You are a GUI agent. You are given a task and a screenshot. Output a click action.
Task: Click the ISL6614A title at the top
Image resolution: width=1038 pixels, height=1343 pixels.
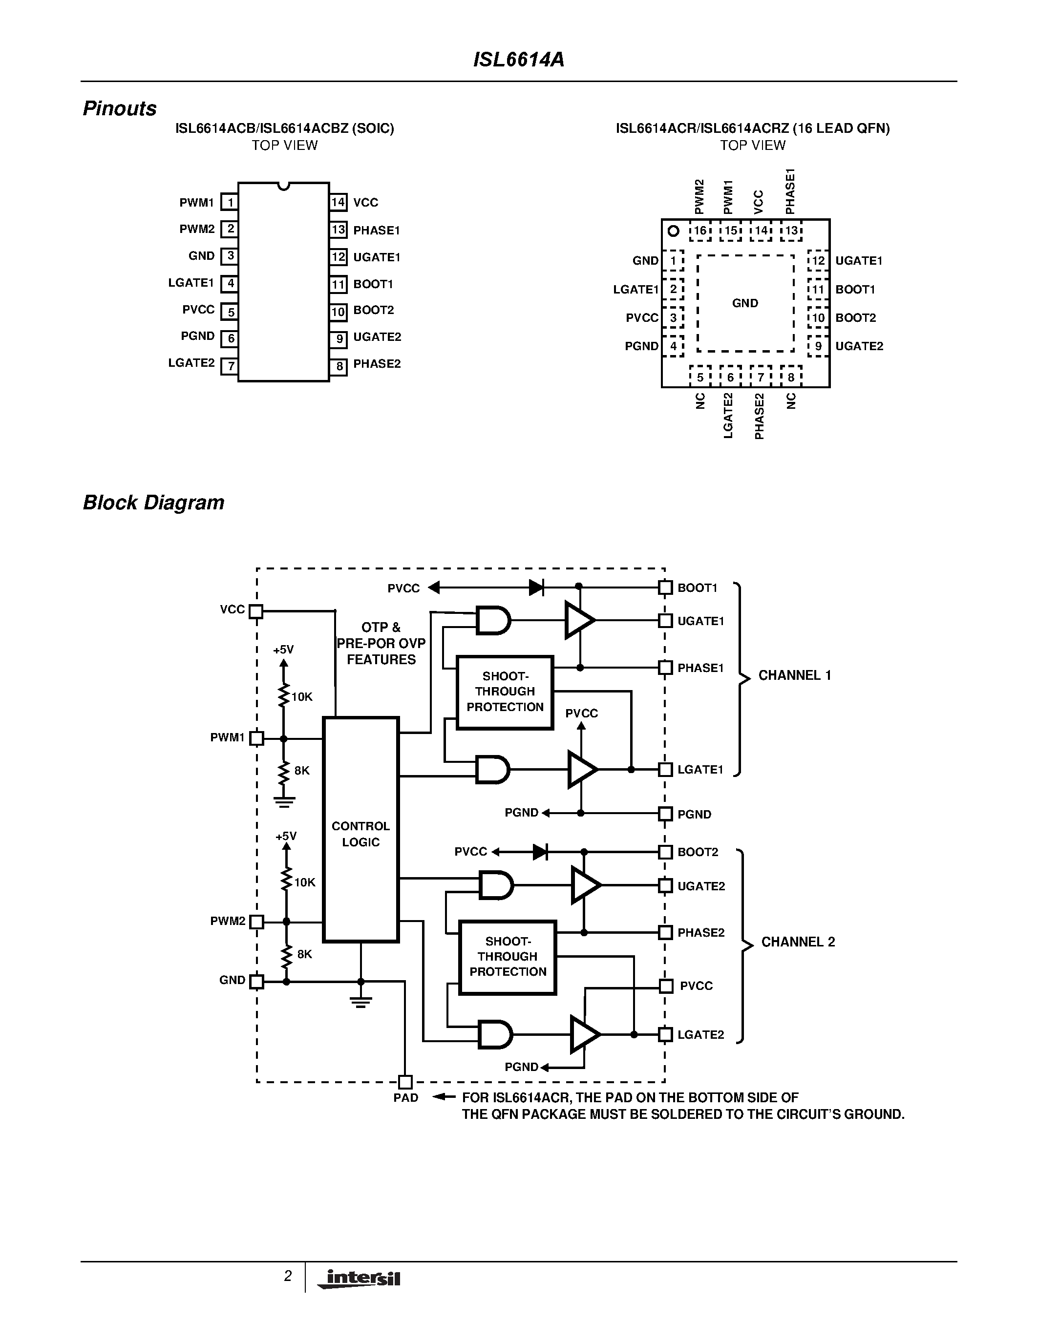pyautogui.click(x=518, y=60)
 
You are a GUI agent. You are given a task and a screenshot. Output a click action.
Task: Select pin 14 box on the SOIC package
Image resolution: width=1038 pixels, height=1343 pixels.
pyautogui.click(x=338, y=202)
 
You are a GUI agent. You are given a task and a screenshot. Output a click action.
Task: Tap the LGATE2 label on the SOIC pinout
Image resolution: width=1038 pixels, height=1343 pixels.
pyautogui.click(x=191, y=363)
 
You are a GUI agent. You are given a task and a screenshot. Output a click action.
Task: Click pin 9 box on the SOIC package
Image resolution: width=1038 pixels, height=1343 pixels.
pyautogui.click(x=338, y=338)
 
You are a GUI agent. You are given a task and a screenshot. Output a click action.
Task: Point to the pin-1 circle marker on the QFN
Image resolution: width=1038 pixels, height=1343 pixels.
pyautogui.click(x=673, y=231)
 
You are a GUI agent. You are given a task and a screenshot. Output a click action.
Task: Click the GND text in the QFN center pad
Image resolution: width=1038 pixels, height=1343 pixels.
pyautogui.click(x=745, y=303)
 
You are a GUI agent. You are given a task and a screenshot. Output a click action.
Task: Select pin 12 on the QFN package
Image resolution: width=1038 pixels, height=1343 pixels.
pyautogui.click(x=818, y=261)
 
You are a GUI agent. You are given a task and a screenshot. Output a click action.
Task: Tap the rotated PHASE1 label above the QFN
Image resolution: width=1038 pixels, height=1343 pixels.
pyautogui.click(x=791, y=190)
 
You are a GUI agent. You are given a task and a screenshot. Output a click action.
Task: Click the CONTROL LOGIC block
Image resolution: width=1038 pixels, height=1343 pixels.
pyautogui.click(x=361, y=834)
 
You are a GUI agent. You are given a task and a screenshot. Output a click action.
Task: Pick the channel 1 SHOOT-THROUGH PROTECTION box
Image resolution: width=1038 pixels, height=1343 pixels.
pyautogui.click(x=505, y=692)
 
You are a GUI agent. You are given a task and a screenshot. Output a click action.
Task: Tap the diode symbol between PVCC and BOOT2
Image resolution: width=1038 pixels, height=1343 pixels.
pyautogui.click(x=540, y=852)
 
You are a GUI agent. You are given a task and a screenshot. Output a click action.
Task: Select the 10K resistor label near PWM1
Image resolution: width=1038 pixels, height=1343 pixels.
pyautogui.click(x=302, y=697)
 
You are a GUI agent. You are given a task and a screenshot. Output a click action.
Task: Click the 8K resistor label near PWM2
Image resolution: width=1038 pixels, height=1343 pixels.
pyautogui.click(x=304, y=954)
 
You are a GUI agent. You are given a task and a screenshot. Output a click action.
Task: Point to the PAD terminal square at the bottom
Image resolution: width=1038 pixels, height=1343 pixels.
pyautogui.click(x=405, y=1082)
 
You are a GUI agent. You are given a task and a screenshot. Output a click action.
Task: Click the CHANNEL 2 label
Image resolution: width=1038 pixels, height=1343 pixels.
pyautogui.click(x=798, y=942)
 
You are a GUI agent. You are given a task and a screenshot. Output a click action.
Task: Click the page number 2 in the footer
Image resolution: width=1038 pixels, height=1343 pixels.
pyautogui.click(x=287, y=1277)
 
